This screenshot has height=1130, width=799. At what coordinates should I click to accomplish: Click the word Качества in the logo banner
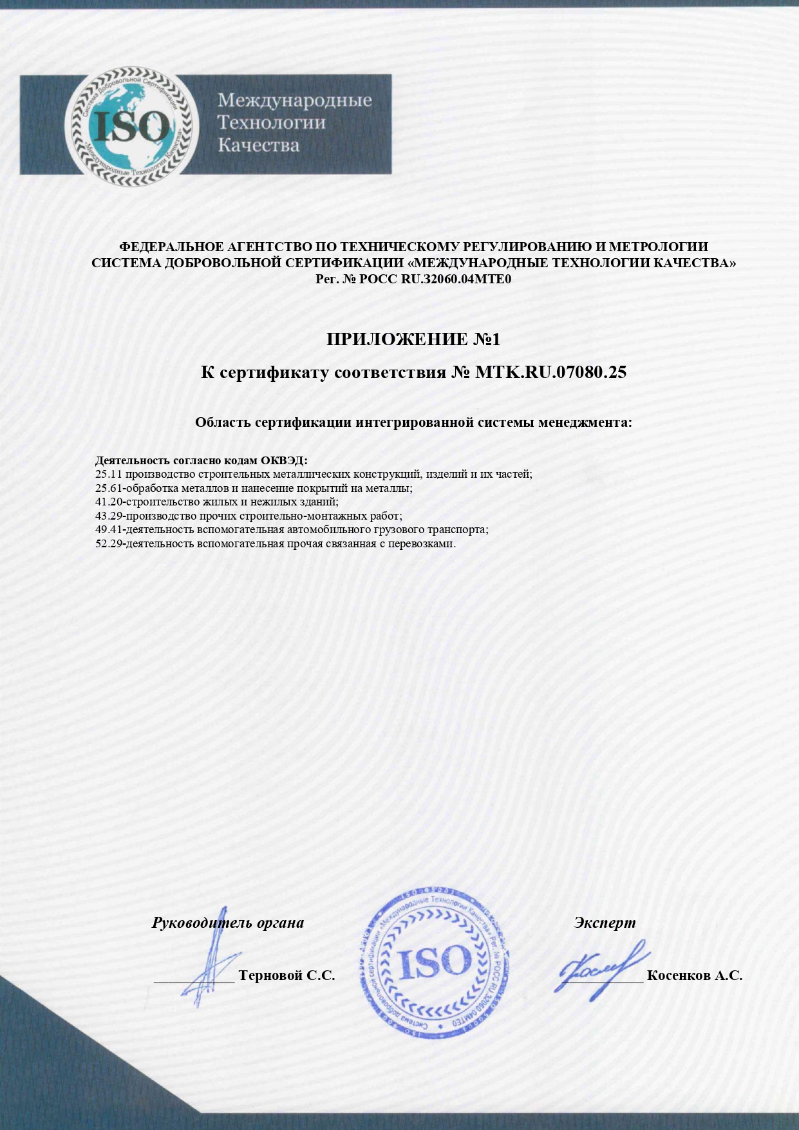pos(258,145)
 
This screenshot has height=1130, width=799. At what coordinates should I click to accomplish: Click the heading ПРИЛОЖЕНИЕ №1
pos(413,339)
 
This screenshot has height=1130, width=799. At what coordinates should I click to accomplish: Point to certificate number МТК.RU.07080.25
pos(550,372)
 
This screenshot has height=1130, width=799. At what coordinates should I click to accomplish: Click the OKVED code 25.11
pos(109,475)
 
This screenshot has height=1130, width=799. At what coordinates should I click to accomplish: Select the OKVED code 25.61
pos(109,488)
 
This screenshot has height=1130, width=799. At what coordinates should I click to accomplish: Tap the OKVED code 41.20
pos(109,502)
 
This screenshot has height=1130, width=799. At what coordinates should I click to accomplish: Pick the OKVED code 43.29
pos(109,516)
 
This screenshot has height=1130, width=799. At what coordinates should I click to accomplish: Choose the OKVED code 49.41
pos(109,529)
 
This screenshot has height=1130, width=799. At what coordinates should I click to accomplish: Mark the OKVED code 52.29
pos(109,543)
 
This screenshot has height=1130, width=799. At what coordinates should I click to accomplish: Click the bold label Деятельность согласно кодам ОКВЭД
pos(201,460)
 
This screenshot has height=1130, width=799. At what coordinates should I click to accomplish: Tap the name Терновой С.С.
pos(287,975)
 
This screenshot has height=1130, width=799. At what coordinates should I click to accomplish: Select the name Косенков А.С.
pos(694,975)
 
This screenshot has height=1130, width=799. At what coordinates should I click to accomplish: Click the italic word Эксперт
pos(604,923)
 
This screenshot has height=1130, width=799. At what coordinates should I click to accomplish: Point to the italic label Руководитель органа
pos(228,923)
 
